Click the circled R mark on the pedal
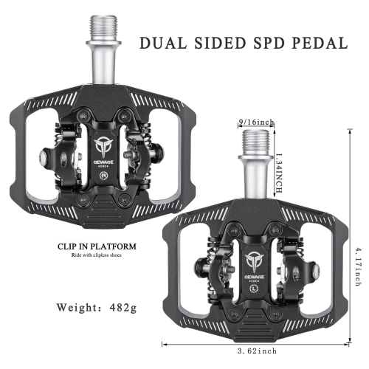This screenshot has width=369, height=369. point(106,178)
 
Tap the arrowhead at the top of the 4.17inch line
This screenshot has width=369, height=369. point(348,130)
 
